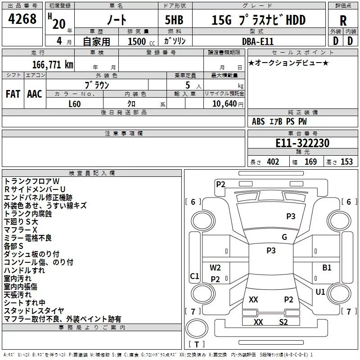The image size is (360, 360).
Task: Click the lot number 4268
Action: [x=22, y=19]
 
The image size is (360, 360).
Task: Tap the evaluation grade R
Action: [x=343, y=21]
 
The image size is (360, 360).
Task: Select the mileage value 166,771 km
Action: [x=53, y=64]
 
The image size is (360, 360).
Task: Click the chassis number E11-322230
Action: [x=302, y=143]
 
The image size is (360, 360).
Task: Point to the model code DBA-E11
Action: [x=258, y=41]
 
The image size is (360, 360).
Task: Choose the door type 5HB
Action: [x=174, y=20]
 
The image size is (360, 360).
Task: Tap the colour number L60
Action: [x=75, y=104]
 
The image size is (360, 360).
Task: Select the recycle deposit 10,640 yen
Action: [x=228, y=104]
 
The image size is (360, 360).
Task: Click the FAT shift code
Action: [x=13, y=94]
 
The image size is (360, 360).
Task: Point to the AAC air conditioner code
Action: [x=35, y=94]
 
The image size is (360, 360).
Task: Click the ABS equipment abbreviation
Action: [x=258, y=121]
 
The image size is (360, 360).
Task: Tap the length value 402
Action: [x=273, y=162]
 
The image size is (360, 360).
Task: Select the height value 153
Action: [x=346, y=162]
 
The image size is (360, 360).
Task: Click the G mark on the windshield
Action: [x=284, y=237]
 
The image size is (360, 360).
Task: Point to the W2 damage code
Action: [x=215, y=268]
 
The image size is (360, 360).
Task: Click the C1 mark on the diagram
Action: [x=194, y=276]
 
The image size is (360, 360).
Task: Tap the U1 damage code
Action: [x=320, y=292]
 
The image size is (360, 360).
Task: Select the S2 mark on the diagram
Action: [x=283, y=322]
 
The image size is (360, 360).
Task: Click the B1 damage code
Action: [x=327, y=268]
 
